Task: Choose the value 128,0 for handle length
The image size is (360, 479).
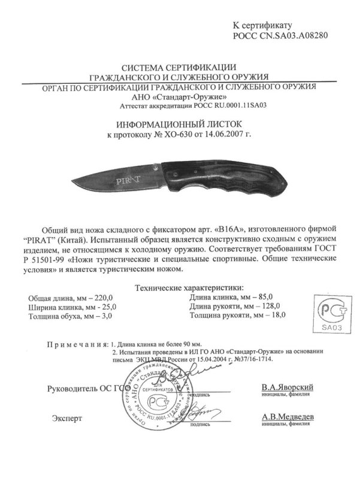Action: (269, 306)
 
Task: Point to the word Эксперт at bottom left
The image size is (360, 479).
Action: (66, 417)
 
